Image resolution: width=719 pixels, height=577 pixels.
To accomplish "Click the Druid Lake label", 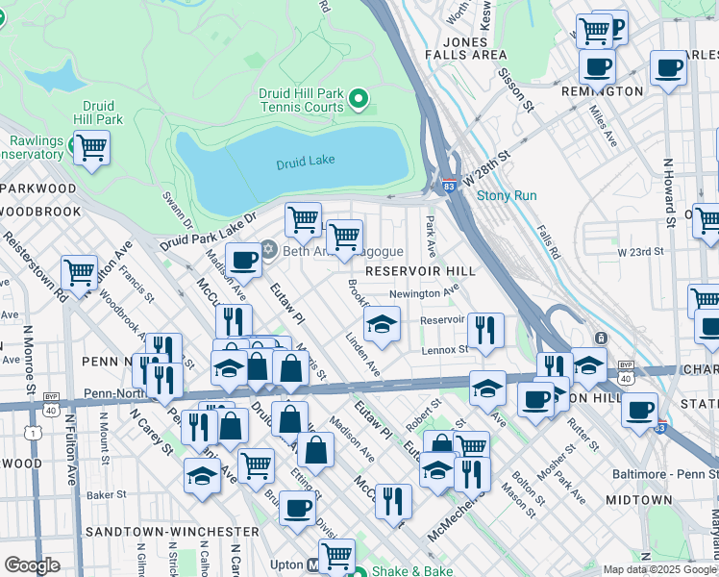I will [x=305, y=163].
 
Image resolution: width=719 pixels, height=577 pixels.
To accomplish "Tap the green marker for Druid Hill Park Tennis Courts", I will [x=359, y=98].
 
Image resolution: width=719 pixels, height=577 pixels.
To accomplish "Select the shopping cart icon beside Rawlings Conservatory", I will [x=91, y=148].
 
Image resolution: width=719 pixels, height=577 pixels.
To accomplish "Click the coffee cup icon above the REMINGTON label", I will [x=597, y=66].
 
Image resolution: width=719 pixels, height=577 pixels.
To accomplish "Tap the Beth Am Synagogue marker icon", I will [x=268, y=250].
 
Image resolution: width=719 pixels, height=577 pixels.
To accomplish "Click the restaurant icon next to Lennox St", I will [x=488, y=329].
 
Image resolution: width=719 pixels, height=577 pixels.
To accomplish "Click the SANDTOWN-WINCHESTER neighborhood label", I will [x=171, y=531].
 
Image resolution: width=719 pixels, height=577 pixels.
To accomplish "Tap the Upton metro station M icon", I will [x=327, y=566].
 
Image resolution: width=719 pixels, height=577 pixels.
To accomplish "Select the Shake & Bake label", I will [x=413, y=570].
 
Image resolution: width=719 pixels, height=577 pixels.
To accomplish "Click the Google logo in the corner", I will [x=33, y=564].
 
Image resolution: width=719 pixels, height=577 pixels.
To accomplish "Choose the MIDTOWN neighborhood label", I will [x=639, y=500].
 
